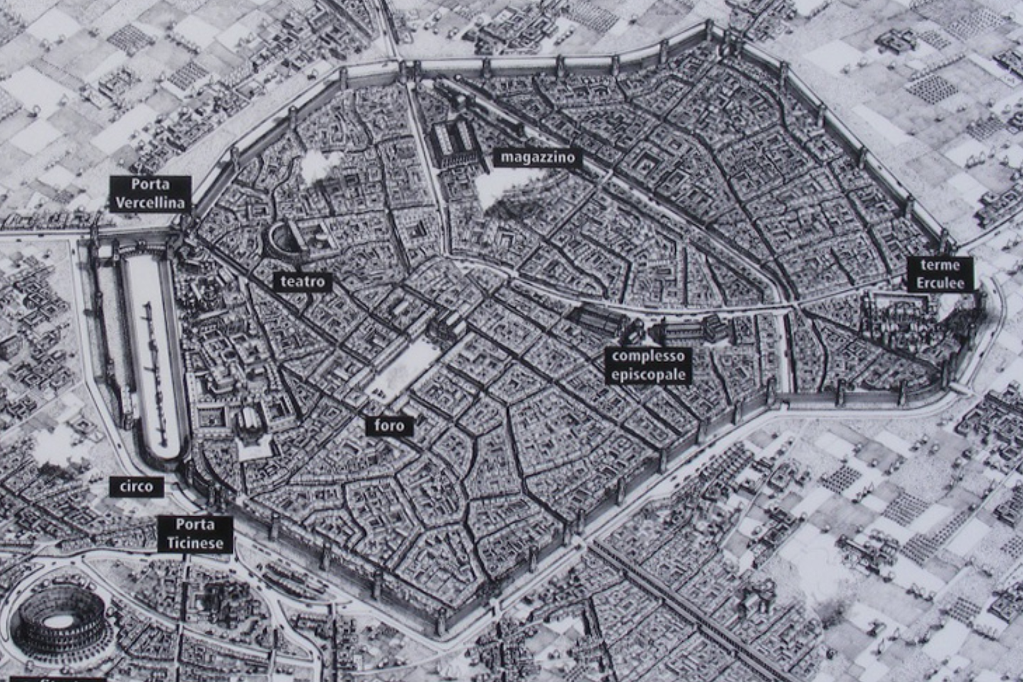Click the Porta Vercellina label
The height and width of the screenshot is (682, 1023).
[x=150, y=193]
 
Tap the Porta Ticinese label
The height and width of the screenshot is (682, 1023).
[x=195, y=534]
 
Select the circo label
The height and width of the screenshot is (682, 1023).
[x=136, y=487]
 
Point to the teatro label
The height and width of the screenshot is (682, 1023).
[x=303, y=281]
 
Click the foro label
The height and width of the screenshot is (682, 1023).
[x=389, y=426]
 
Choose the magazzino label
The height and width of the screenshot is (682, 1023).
[x=537, y=157]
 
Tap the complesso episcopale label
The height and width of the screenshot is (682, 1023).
[x=648, y=365]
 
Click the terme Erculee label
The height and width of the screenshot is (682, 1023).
[x=940, y=274]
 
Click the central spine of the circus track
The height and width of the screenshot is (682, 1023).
[x=154, y=364]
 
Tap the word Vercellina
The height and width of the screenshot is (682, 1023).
[x=150, y=202]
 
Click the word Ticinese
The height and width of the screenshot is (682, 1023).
[x=195, y=543]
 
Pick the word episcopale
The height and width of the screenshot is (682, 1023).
[x=648, y=375]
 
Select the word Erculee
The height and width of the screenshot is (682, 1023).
[x=940, y=283]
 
